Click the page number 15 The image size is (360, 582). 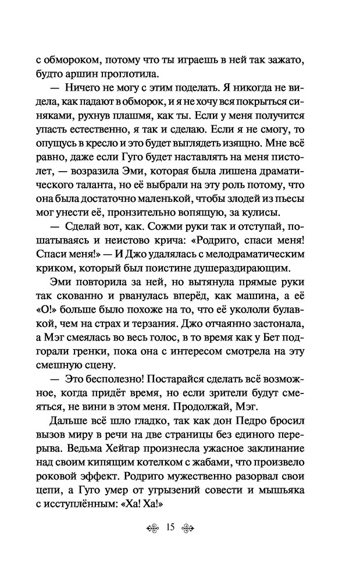(x=170, y=528)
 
